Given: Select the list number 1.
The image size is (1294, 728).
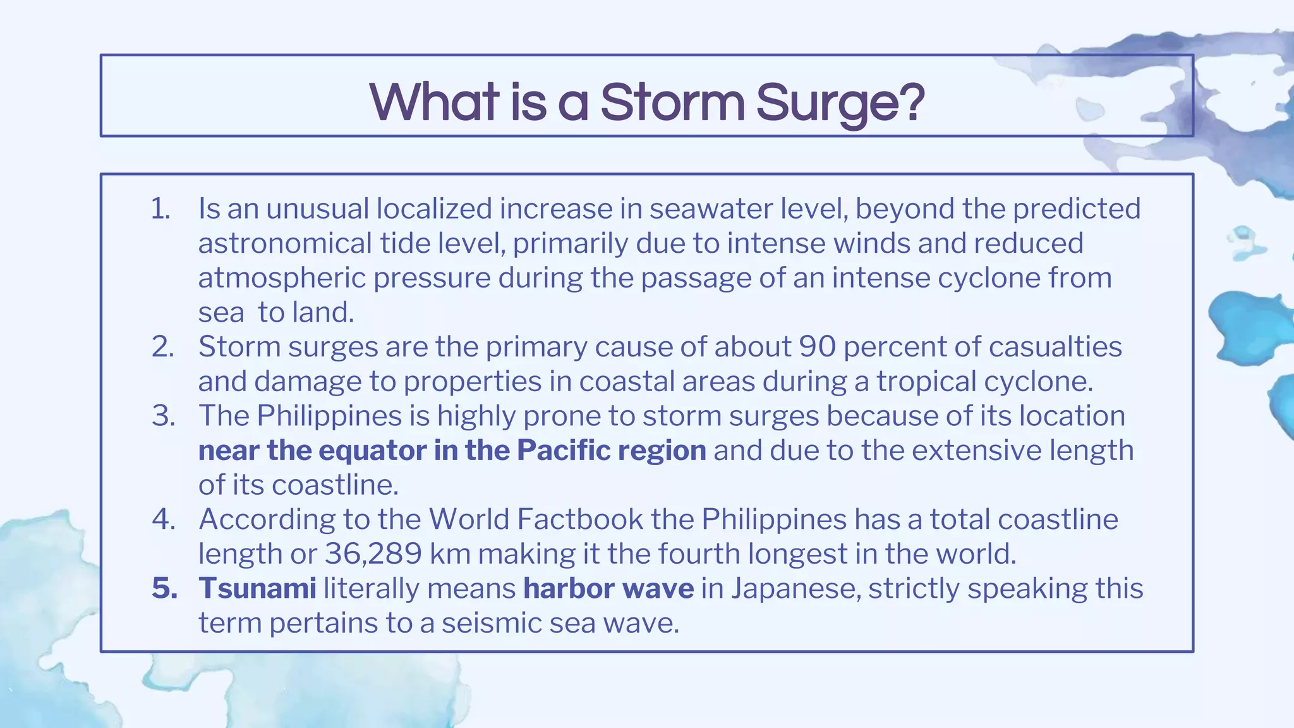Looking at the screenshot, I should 160,209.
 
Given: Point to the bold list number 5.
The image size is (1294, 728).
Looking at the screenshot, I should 164,588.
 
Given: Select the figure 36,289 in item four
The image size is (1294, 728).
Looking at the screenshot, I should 373,554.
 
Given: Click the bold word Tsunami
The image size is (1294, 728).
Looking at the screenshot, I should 257,588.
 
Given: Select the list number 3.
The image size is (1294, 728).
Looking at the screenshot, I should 163,416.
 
